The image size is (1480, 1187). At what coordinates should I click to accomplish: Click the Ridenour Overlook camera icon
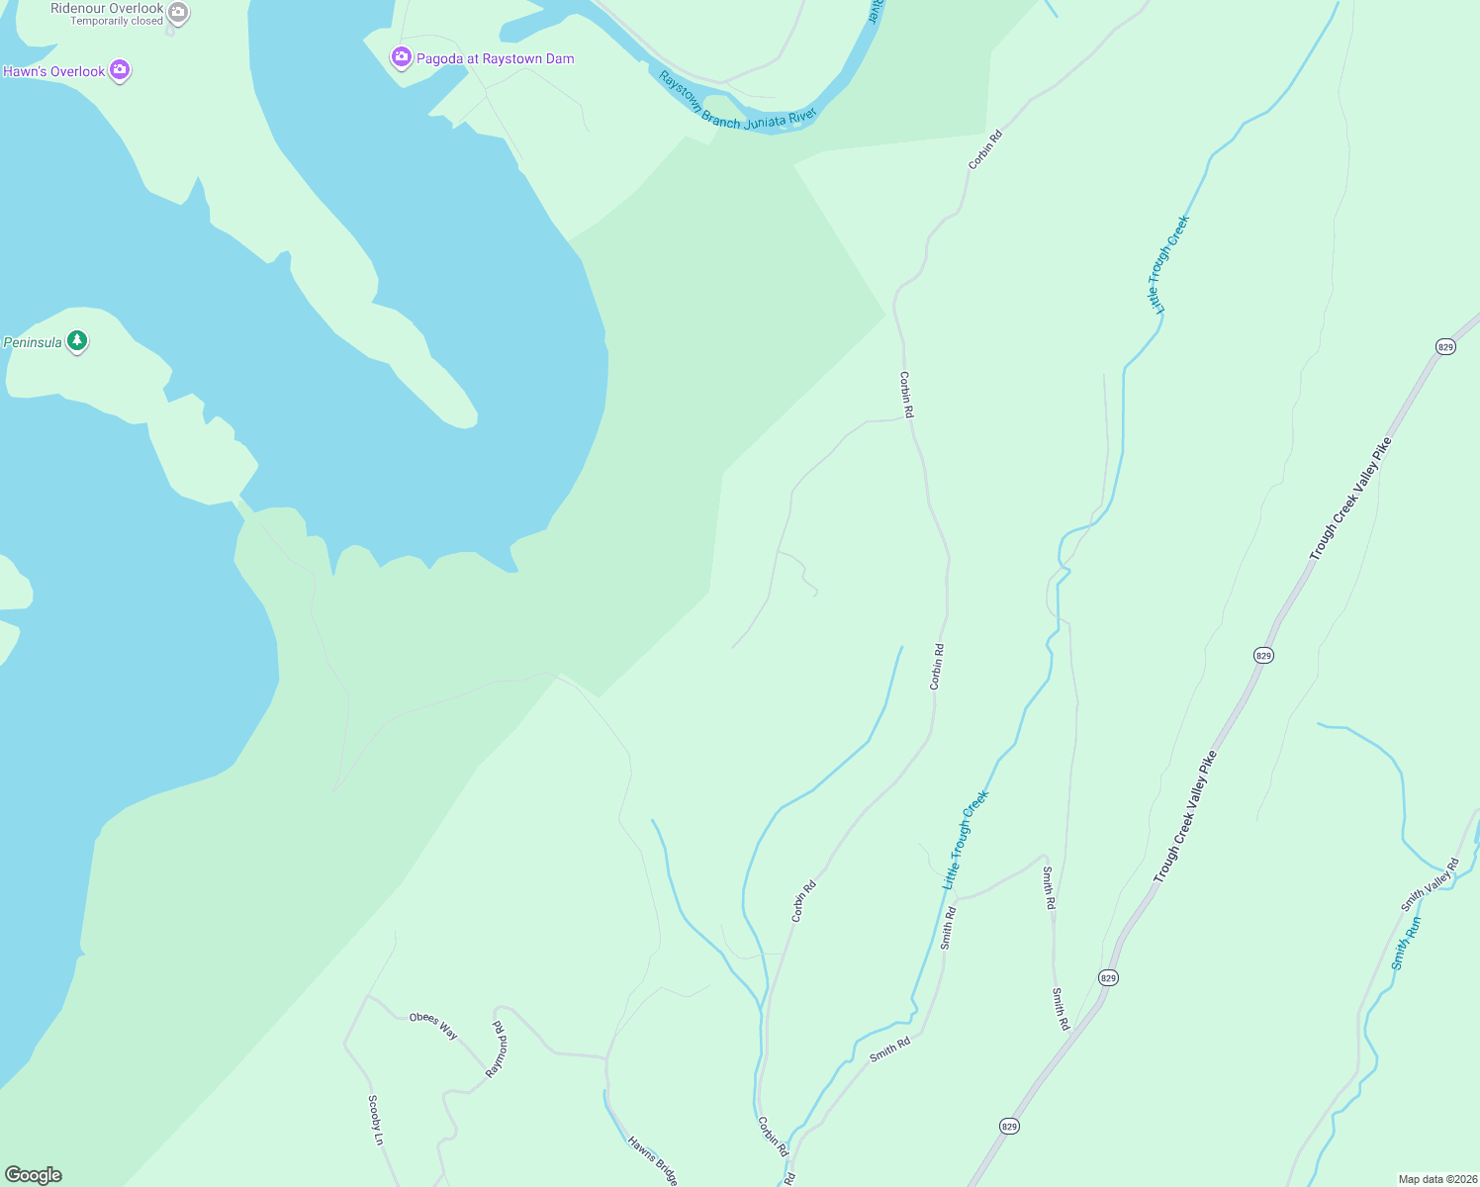click(178, 13)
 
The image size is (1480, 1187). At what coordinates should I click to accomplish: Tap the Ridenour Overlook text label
click(107, 8)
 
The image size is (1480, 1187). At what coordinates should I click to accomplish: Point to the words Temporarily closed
click(117, 21)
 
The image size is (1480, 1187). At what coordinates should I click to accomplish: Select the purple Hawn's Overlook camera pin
click(120, 70)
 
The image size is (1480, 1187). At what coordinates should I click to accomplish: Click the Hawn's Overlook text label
click(54, 71)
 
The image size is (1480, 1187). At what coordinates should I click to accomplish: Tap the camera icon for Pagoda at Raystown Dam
click(402, 57)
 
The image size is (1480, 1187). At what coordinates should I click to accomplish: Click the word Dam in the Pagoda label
click(559, 58)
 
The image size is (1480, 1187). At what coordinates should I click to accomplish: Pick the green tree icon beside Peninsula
click(77, 341)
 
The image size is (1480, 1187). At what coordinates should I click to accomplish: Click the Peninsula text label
click(33, 342)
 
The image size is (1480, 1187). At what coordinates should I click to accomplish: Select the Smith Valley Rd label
click(1430, 885)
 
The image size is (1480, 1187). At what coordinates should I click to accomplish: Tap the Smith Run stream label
click(1406, 943)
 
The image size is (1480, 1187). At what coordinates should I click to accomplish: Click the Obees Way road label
click(433, 1026)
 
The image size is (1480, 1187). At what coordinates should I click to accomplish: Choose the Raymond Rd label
click(497, 1049)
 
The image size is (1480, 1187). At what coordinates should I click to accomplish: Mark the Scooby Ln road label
click(375, 1120)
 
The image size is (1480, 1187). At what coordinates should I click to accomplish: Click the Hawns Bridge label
click(653, 1160)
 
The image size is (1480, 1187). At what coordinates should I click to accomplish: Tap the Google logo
click(33, 1175)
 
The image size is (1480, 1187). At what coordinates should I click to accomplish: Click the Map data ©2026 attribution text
click(1436, 1179)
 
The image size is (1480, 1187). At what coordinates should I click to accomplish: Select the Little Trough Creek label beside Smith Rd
click(965, 839)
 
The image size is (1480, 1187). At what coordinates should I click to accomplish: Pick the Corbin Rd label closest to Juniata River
click(985, 149)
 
